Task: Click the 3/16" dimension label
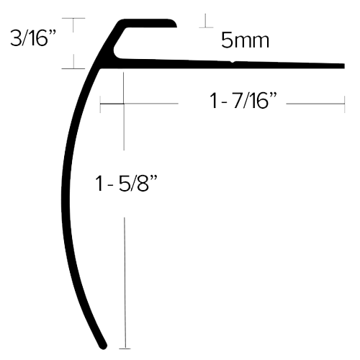(33, 37)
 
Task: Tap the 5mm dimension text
(245, 40)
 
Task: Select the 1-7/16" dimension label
(243, 101)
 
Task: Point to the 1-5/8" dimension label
(126, 183)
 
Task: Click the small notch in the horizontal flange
(233, 62)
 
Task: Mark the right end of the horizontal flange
(344, 66)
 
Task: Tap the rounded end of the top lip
(174, 23)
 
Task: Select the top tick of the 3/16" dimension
(73, 18)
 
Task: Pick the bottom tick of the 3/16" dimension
(73, 68)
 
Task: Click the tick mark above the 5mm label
(206, 27)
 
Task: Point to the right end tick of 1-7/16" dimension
(344, 104)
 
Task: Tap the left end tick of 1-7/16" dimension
(100, 104)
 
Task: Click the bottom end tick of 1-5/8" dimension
(125, 348)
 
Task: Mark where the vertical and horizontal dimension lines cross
(124, 104)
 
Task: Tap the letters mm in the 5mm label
(252, 42)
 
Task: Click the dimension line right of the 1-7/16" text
(315, 104)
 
